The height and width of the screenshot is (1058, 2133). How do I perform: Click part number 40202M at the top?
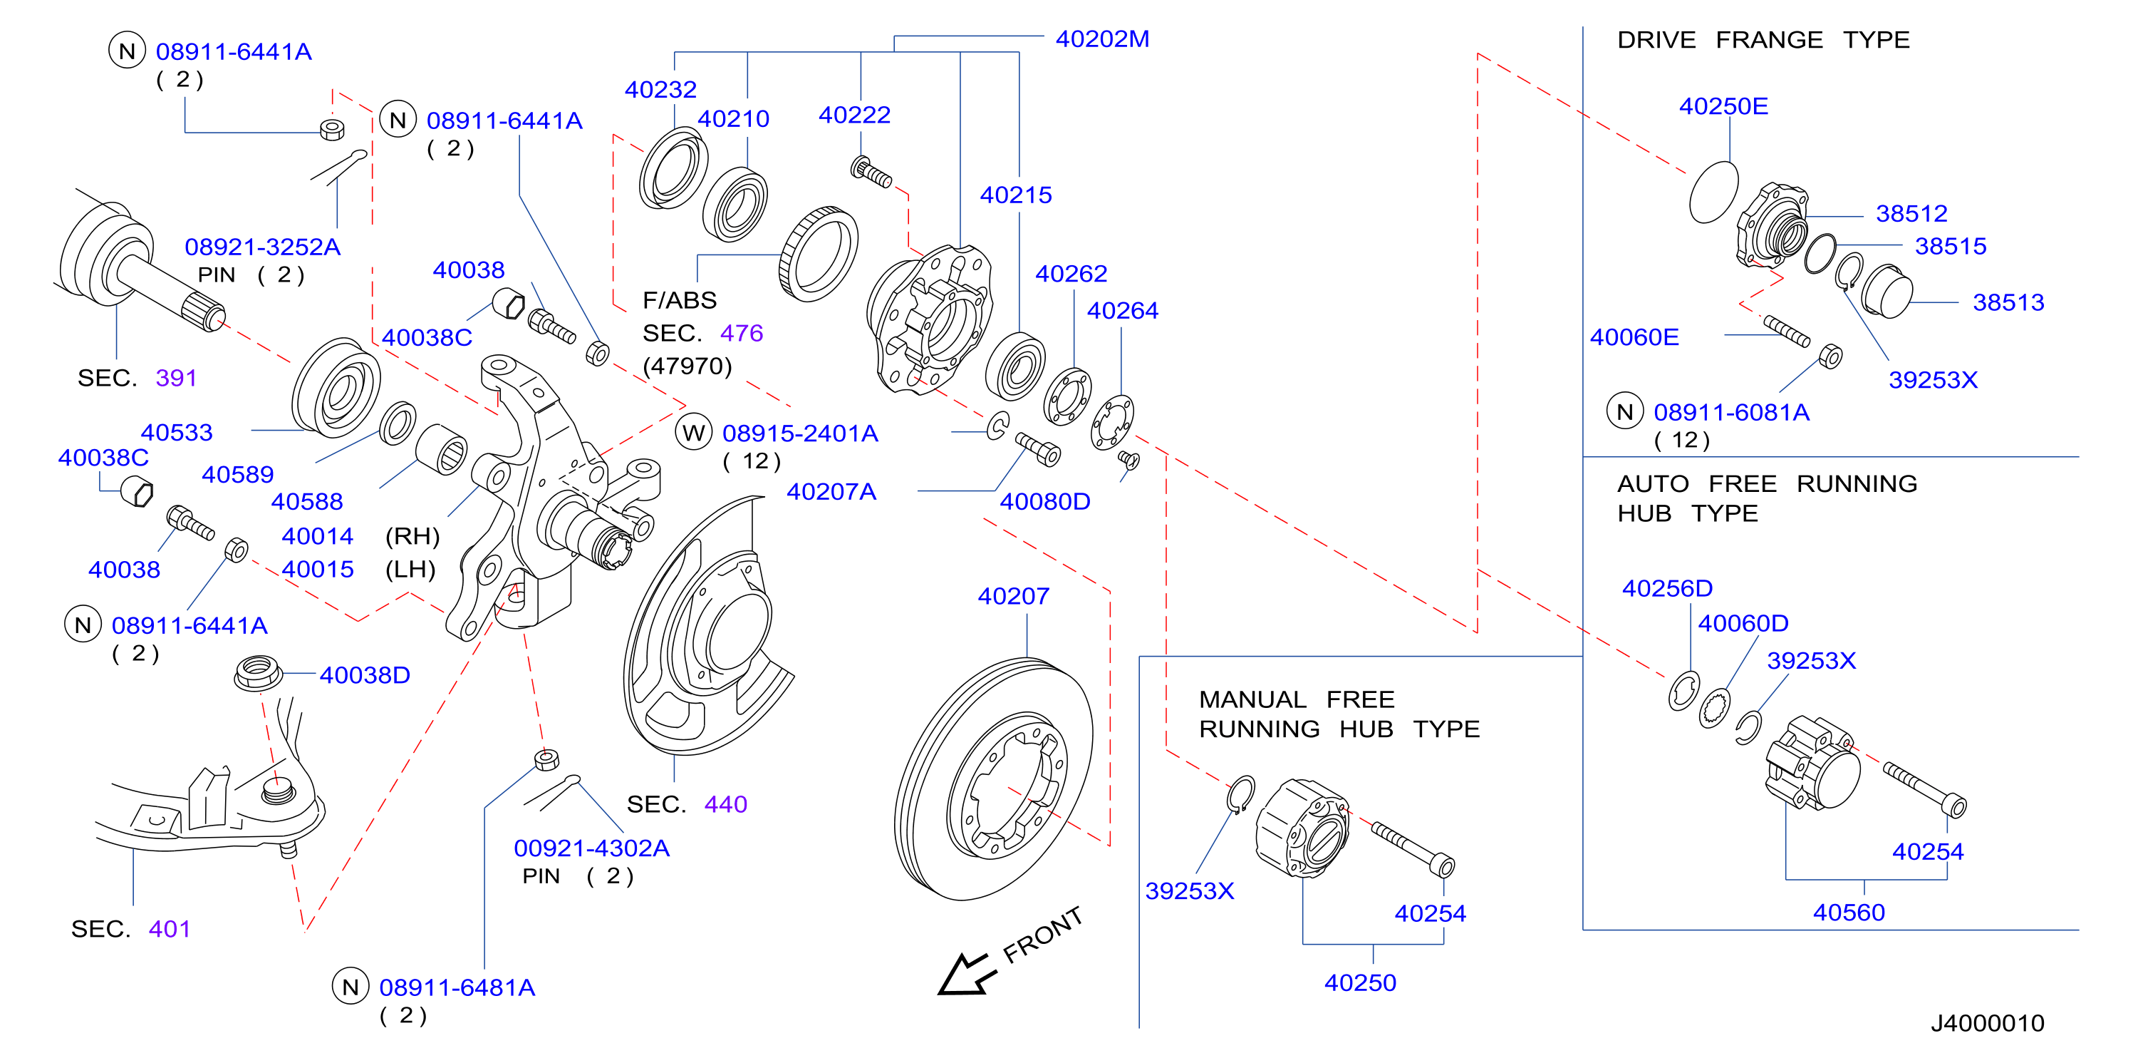pos(1102,39)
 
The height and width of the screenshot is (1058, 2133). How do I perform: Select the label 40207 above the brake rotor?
pos(1014,596)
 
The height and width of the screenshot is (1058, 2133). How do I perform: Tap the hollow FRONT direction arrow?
pos(965,975)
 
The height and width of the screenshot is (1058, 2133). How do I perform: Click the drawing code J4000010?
pos(1987,1023)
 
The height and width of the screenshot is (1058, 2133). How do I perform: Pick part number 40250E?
pos(1723,106)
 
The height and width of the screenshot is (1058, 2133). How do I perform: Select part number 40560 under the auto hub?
pos(1849,912)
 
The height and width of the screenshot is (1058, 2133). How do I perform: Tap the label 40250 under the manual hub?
pos(1361,982)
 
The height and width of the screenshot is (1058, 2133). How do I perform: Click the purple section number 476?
pos(741,333)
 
